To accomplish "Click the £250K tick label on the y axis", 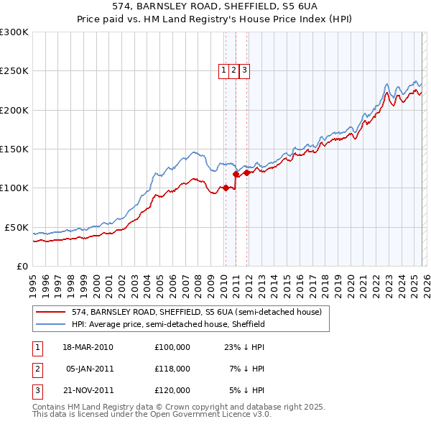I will (14, 71).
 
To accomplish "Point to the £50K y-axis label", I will (17, 227).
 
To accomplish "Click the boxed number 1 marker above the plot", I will (224, 70).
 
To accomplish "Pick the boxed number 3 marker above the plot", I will (245, 70).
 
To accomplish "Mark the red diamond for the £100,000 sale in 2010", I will (226, 188).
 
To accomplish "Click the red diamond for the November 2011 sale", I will (246, 172).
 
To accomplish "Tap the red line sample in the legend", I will (50, 312).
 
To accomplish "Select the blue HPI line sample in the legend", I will (50, 324).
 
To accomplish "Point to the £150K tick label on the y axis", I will (14, 149).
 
